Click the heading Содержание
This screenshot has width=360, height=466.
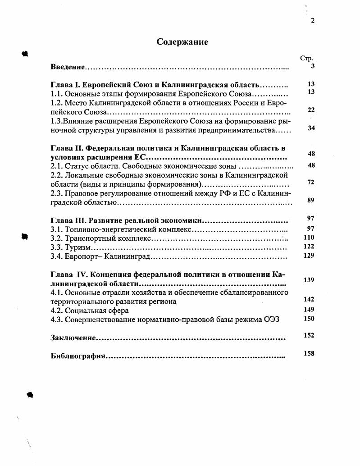click(x=182, y=42)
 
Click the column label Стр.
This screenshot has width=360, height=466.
click(x=306, y=58)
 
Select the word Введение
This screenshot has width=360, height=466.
click(x=68, y=67)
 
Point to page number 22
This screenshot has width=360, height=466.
click(x=310, y=110)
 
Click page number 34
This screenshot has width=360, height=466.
click(x=310, y=128)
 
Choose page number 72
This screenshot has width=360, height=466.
click(x=310, y=183)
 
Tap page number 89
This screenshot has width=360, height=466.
click(x=310, y=201)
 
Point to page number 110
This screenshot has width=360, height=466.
click(x=309, y=238)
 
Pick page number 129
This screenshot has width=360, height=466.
click(x=309, y=256)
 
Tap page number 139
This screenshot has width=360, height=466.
click(x=309, y=280)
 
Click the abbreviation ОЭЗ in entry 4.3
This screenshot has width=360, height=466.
click(x=271, y=320)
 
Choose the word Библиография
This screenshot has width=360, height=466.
click(x=77, y=356)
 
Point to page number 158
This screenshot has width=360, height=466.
click(x=309, y=354)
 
